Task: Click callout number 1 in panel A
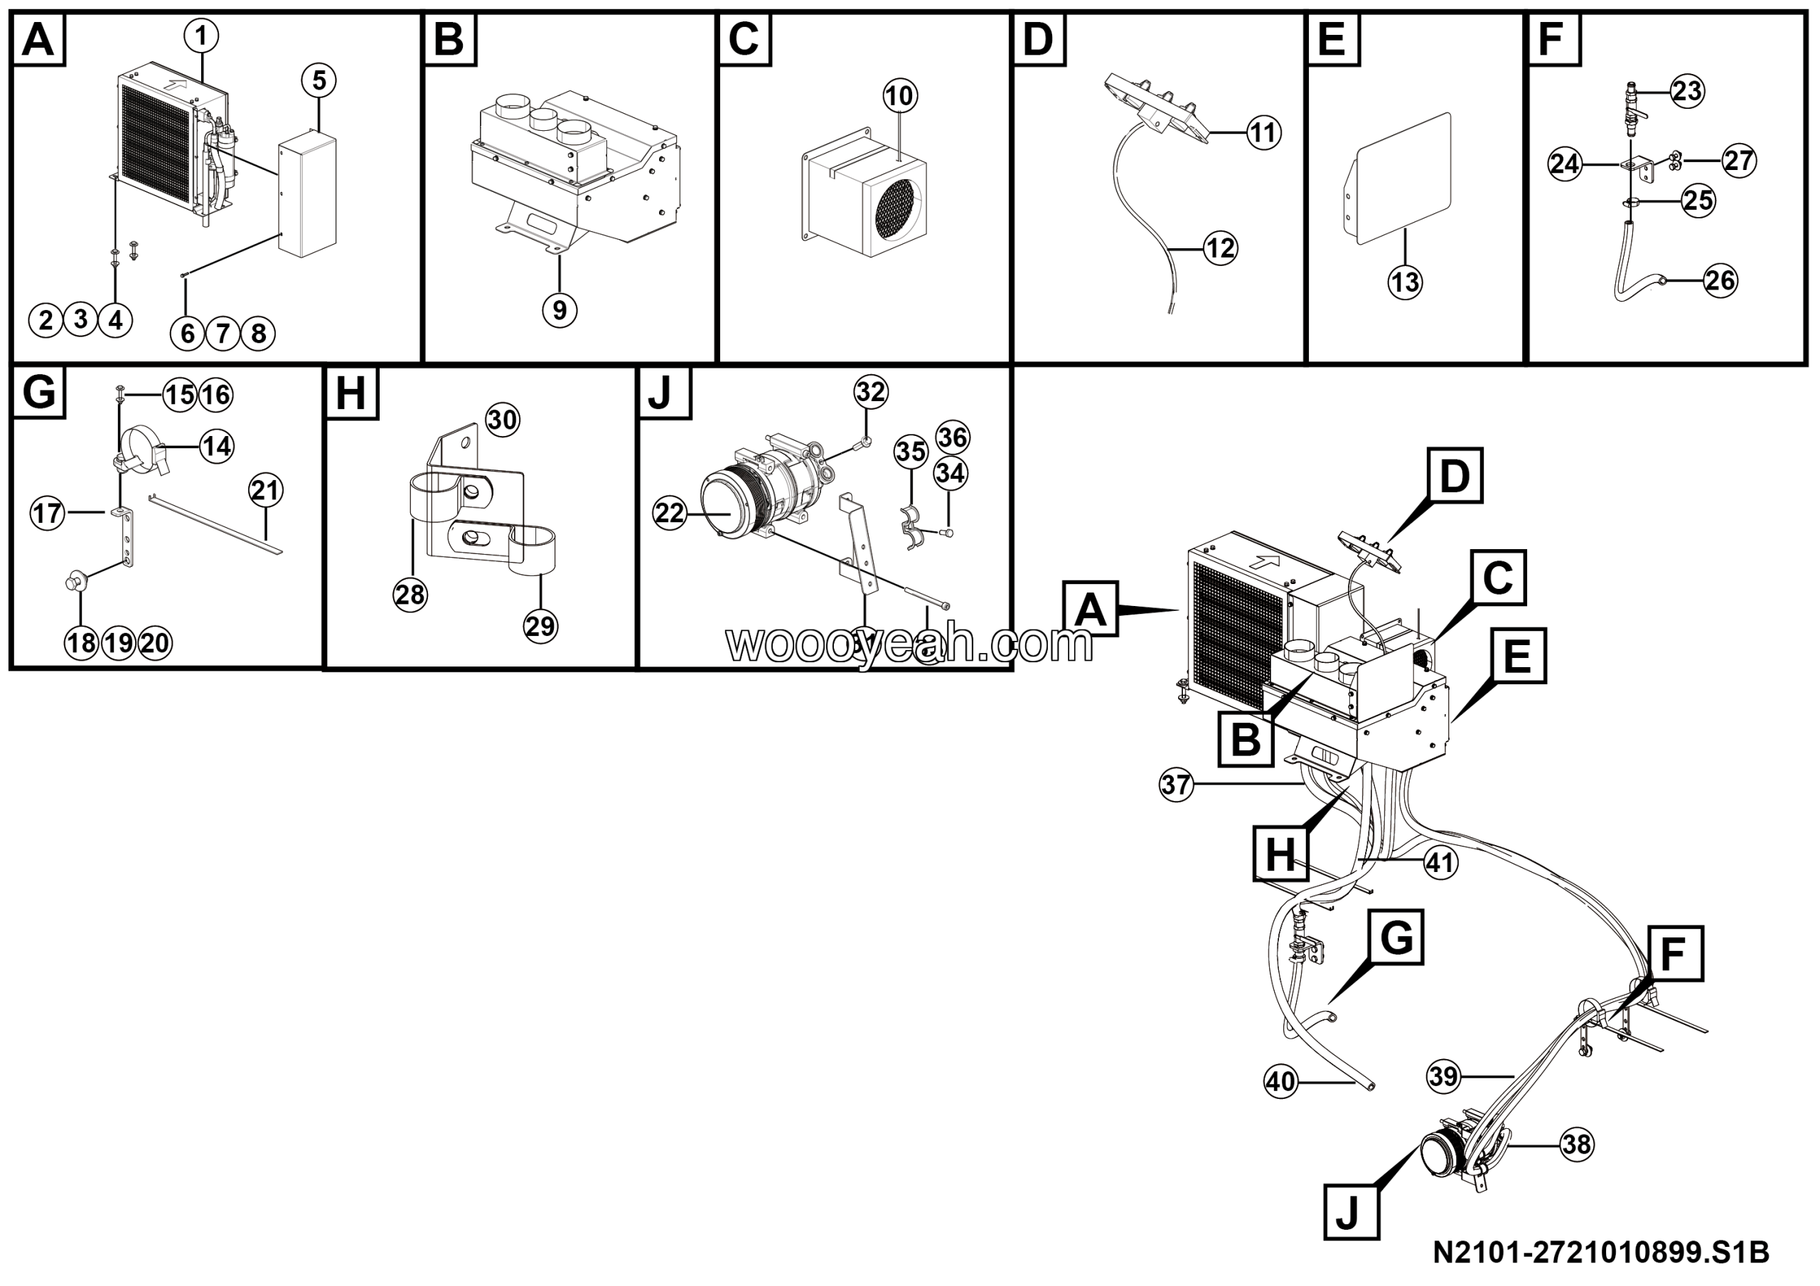click(201, 35)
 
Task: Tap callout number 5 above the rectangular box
click(318, 80)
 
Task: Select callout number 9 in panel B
click(560, 310)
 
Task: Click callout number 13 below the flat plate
click(1406, 282)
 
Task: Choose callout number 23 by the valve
click(1686, 91)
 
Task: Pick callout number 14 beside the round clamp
click(216, 447)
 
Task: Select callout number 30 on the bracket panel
click(502, 420)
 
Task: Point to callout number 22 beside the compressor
click(669, 513)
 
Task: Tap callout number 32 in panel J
click(870, 392)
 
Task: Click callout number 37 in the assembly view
click(1176, 785)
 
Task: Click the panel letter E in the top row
click(1332, 39)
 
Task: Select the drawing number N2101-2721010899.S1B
click(1600, 1253)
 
